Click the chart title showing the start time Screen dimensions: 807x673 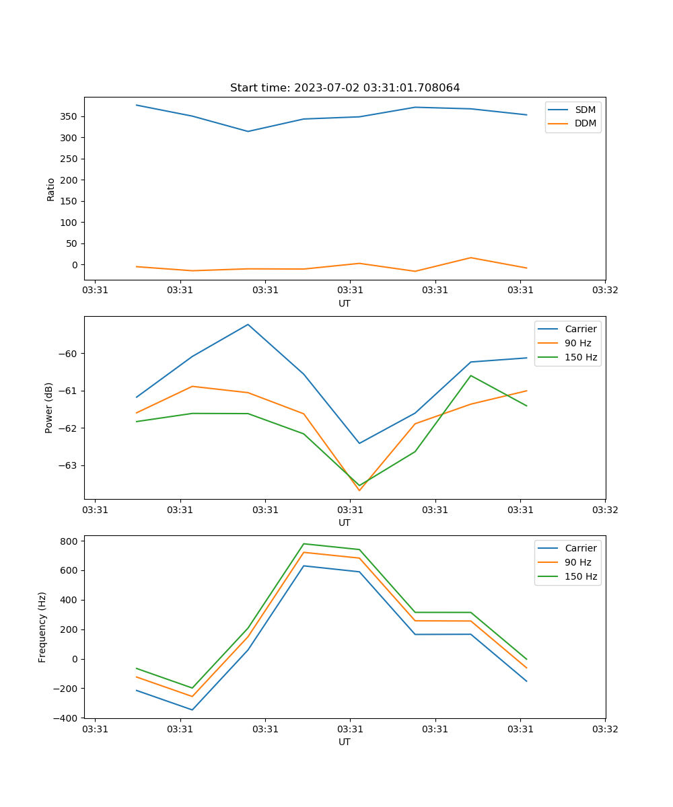click(x=345, y=88)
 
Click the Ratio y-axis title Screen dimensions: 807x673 click(x=50, y=189)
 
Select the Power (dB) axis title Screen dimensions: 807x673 click(x=48, y=408)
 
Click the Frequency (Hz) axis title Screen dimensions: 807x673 click(x=42, y=627)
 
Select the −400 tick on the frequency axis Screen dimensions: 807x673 click(x=67, y=718)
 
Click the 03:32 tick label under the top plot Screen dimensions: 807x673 click(x=604, y=291)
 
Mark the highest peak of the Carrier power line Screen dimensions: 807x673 click(x=248, y=324)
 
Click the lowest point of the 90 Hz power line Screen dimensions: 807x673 click(x=359, y=490)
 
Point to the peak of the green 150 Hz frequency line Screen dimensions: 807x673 click(x=304, y=543)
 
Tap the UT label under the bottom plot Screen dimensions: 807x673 click(x=345, y=742)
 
